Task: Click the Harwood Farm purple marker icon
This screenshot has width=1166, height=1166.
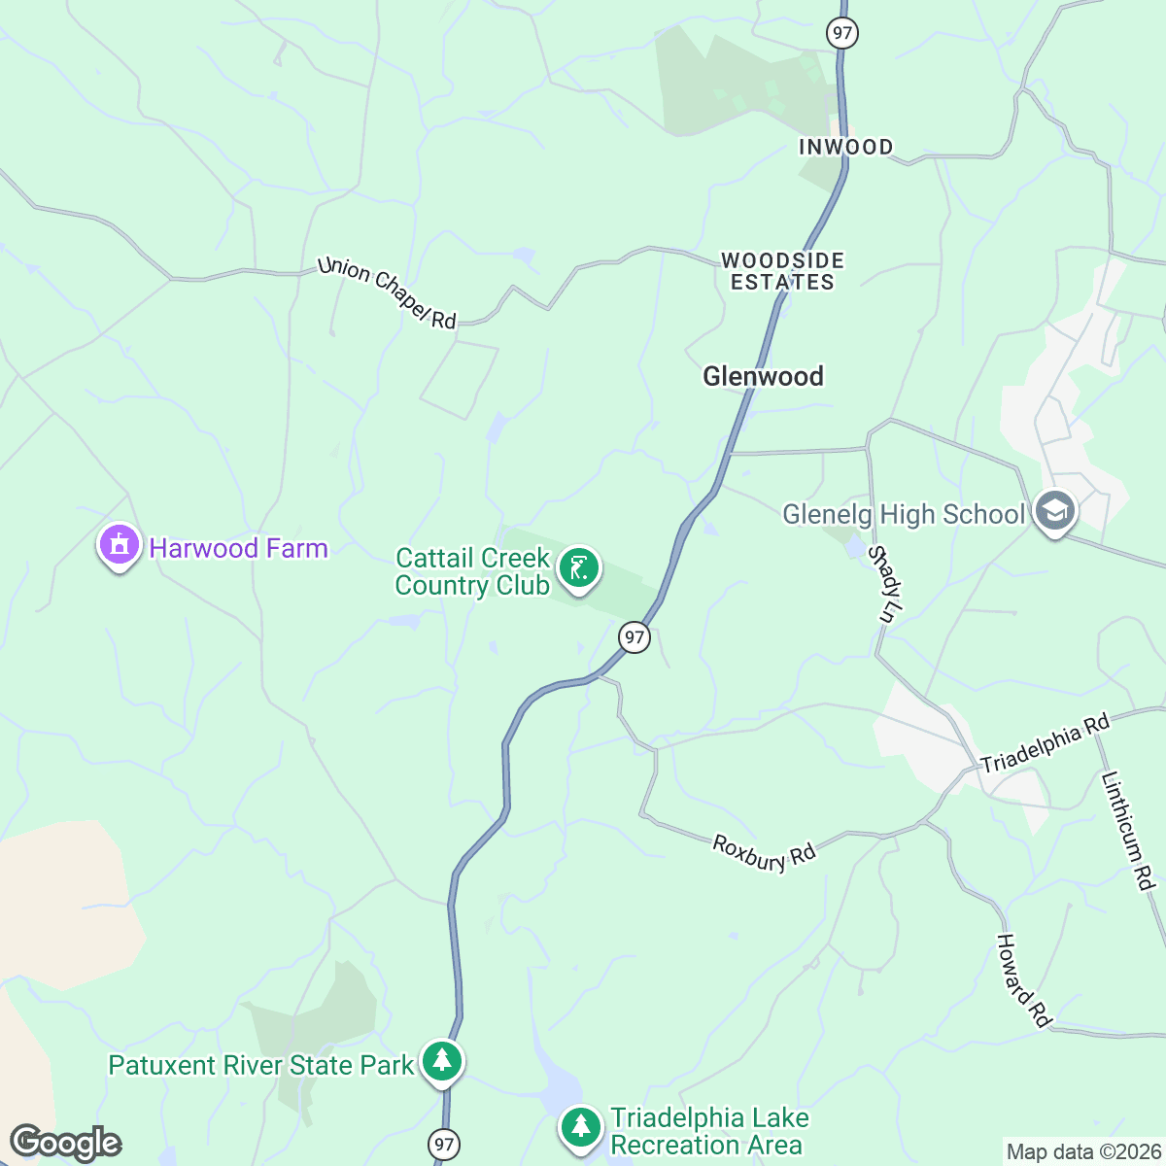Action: (x=119, y=546)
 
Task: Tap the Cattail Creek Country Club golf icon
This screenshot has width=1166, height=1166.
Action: (x=579, y=569)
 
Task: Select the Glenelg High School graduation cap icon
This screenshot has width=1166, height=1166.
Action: (x=1055, y=511)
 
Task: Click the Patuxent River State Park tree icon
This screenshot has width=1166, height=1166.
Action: (x=442, y=1061)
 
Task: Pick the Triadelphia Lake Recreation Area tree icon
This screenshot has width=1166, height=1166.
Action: (x=581, y=1128)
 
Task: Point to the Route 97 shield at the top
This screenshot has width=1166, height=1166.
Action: (x=841, y=33)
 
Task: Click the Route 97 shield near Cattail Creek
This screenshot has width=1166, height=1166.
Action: (x=634, y=637)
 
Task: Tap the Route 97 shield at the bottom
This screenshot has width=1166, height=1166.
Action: (x=444, y=1144)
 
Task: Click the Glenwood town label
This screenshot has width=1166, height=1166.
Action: (x=763, y=376)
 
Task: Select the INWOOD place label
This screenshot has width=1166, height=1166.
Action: (x=845, y=147)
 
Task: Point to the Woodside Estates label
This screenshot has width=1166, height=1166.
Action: (x=782, y=271)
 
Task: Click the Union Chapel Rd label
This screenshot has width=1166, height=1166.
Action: (x=387, y=292)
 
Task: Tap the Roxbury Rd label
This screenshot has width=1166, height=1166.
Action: (x=764, y=853)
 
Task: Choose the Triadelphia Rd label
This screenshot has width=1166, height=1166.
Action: (x=1045, y=744)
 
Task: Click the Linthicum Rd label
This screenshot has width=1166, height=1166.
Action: (x=1127, y=831)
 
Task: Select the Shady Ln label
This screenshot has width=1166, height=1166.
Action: (x=886, y=584)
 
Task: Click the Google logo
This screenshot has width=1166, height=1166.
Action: (x=65, y=1144)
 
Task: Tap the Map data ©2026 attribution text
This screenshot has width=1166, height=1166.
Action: (x=1083, y=1152)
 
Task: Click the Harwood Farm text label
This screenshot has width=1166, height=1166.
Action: (x=238, y=548)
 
